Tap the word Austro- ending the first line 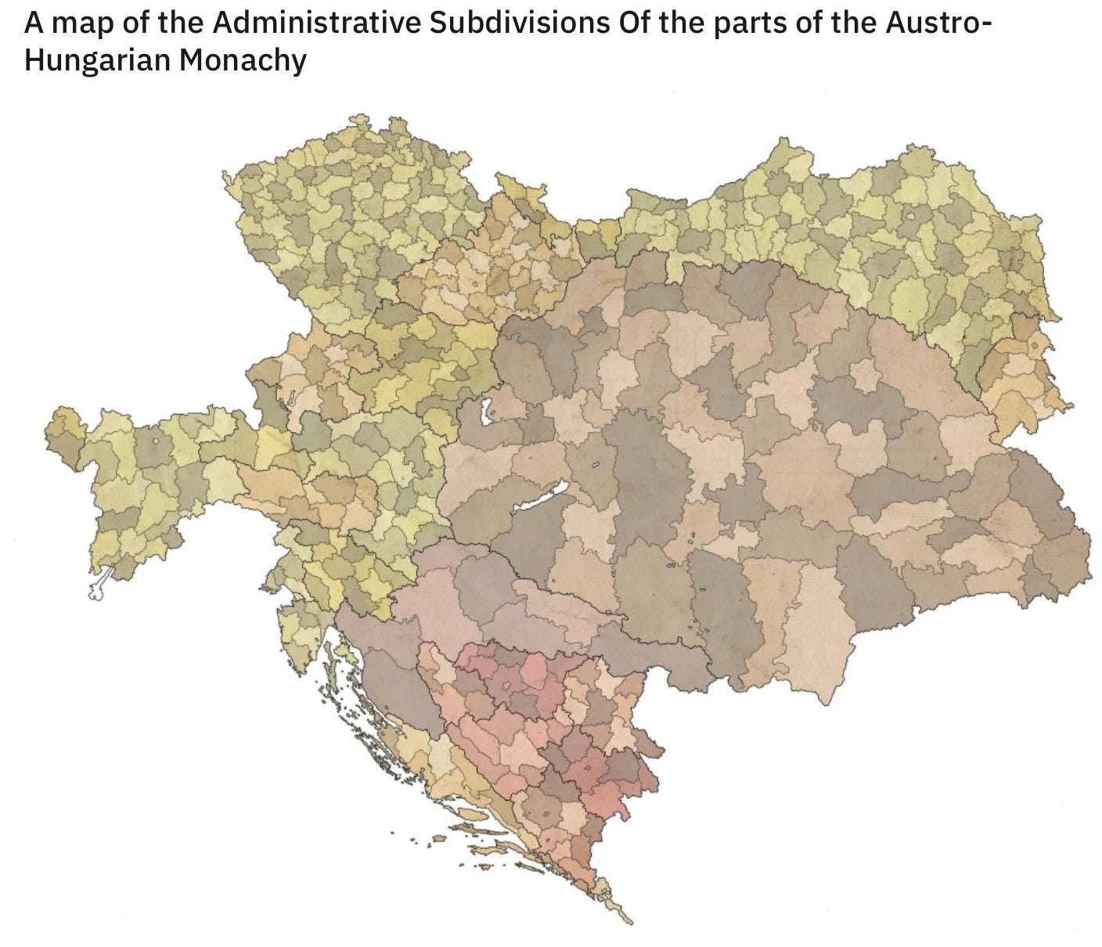click(935, 23)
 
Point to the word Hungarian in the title click(95, 60)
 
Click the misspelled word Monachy click(243, 60)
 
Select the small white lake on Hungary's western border click(485, 410)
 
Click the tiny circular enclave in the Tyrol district click(157, 442)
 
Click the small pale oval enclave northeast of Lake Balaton click(595, 466)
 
